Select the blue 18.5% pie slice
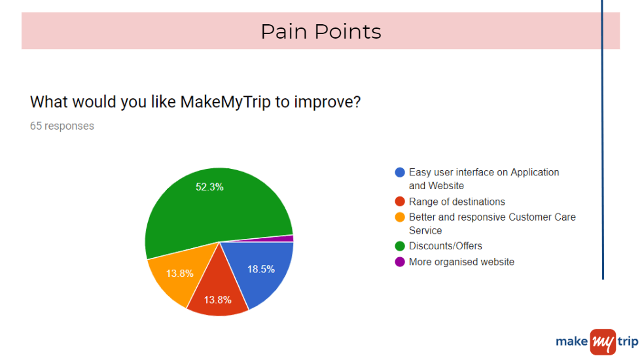(262, 270)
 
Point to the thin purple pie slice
(283, 238)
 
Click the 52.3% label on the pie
(209, 187)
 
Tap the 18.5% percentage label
(261, 269)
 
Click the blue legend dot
(400, 172)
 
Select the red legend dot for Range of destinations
(400, 202)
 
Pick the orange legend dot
(400, 217)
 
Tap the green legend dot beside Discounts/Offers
(400, 245)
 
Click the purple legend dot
(400, 262)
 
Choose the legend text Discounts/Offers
(446, 245)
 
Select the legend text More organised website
(461, 262)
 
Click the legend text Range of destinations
(457, 202)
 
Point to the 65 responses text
(62, 126)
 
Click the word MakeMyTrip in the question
(225, 102)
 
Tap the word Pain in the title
(284, 31)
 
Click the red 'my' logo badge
(603, 342)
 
